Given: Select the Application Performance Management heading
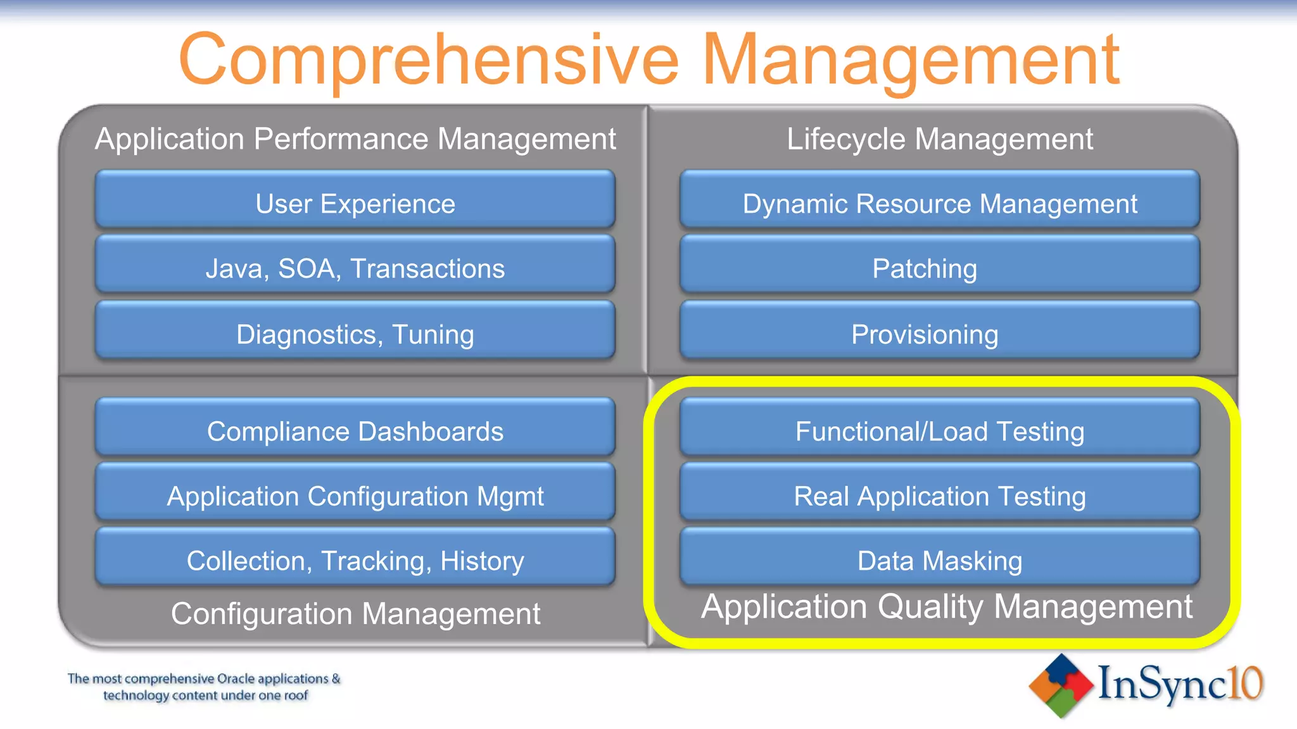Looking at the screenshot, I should pos(355,139).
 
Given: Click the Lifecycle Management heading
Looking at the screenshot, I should pos(940,139).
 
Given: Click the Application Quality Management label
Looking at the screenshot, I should pos(946,607).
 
